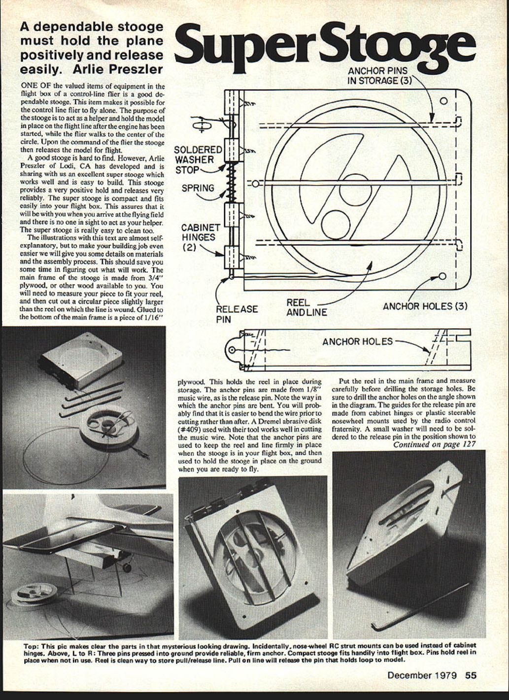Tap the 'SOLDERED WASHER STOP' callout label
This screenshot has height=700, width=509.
coord(198,160)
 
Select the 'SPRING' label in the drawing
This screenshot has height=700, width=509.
coord(198,188)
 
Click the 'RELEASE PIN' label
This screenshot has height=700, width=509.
coord(237,313)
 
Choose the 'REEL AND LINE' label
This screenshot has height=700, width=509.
coord(306,307)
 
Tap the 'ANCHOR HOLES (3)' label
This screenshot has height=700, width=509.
coord(425,306)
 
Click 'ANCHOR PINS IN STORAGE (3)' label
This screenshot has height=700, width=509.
coord(378,75)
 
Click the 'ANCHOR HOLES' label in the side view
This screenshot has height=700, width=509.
coord(357,341)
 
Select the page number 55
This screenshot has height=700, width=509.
coord(471,675)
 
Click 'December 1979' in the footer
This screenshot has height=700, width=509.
coord(422,675)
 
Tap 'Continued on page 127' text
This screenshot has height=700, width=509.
coord(434,444)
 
